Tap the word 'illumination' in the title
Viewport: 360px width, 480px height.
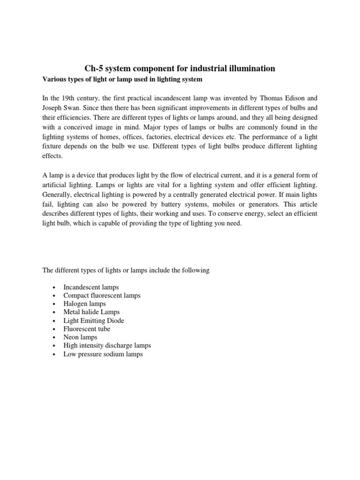(252, 69)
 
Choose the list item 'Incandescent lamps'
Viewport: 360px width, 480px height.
(91, 287)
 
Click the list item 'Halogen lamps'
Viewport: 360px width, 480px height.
(84, 304)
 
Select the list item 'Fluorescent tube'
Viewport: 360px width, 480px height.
(87, 329)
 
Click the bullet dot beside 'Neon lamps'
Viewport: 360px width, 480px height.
(55, 337)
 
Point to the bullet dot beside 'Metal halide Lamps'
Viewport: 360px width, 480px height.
(55, 312)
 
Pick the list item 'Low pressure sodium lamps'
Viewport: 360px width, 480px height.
(103, 354)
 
